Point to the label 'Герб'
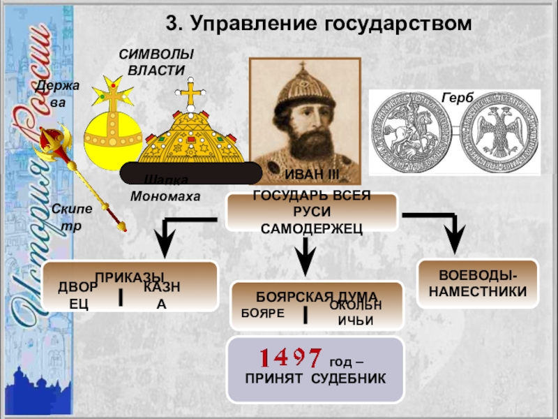click(455, 98)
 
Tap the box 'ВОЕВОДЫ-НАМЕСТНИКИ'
click(478, 284)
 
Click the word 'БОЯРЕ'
click(263, 314)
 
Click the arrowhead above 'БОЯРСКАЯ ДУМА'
click(304, 263)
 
